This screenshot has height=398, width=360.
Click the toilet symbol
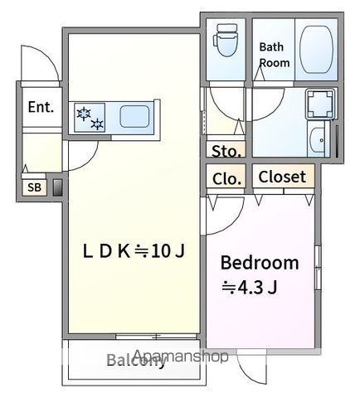(x=225, y=40)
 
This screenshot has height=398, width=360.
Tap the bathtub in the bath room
(x=316, y=50)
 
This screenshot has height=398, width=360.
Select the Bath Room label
(x=274, y=55)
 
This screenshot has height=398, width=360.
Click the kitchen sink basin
(x=134, y=116)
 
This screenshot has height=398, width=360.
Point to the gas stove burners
(x=90, y=118)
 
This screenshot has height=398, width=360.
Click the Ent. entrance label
(x=41, y=107)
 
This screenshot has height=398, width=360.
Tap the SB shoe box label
(x=34, y=187)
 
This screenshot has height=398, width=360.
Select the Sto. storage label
(x=226, y=151)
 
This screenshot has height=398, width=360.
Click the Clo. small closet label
(x=226, y=179)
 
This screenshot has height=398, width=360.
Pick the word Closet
(x=282, y=177)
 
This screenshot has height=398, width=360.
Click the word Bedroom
(x=260, y=263)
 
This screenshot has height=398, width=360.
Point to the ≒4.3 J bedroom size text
(x=250, y=288)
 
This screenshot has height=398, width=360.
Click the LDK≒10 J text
(x=134, y=251)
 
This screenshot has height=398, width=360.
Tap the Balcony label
(x=136, y=360)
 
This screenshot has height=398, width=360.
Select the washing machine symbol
(x=320, y=104)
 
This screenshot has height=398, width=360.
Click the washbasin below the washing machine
(x=318, y=139)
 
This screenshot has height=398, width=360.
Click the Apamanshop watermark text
(x=181, y=356)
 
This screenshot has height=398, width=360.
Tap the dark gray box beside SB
(x=57, y=188)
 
